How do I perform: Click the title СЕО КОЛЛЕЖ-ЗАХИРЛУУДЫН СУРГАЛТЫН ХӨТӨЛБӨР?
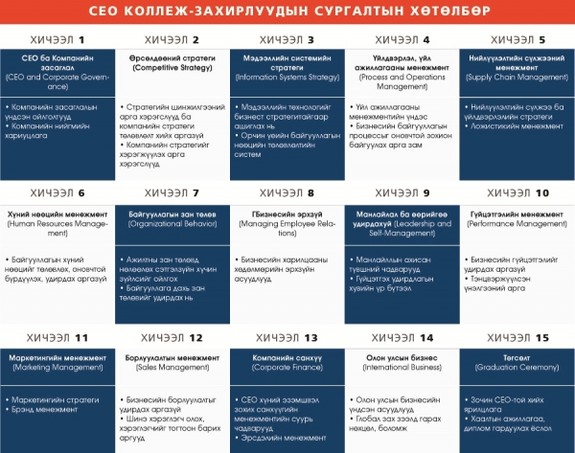287,11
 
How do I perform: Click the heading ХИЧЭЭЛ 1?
57,40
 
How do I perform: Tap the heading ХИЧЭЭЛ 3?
287,40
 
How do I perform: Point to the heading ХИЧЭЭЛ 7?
172,193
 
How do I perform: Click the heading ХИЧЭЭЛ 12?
172,338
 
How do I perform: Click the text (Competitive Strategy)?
172,68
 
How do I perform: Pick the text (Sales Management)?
172,368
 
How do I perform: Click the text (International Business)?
401,368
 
